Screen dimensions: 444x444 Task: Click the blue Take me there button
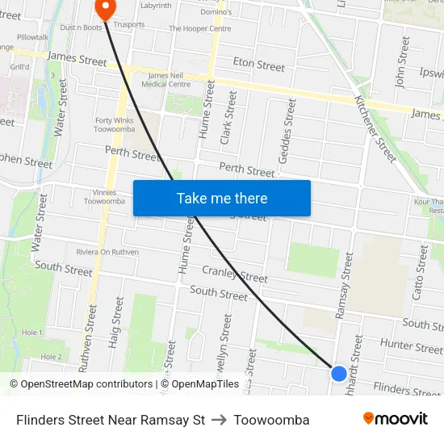point(221,198)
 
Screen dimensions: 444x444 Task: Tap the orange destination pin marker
point(105,7)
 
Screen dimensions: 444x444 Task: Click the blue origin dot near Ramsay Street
point(339,374)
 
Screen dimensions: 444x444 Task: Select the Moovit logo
point(395,419)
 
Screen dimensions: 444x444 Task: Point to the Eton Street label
point(259,65)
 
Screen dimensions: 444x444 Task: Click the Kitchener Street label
point(376,127)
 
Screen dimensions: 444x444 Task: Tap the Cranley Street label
point(235,274)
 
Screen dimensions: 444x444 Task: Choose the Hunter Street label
point(411,346)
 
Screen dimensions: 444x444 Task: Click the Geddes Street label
point(286,131)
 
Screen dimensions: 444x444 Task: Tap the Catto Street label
point(420,272)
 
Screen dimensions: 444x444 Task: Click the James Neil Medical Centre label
point(169,80)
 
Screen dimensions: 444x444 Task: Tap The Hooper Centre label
point(200,29)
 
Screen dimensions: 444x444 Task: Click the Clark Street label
point(228,117)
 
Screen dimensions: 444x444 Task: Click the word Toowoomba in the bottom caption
point(271,420)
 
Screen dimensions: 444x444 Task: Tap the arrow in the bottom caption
point(220,420)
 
